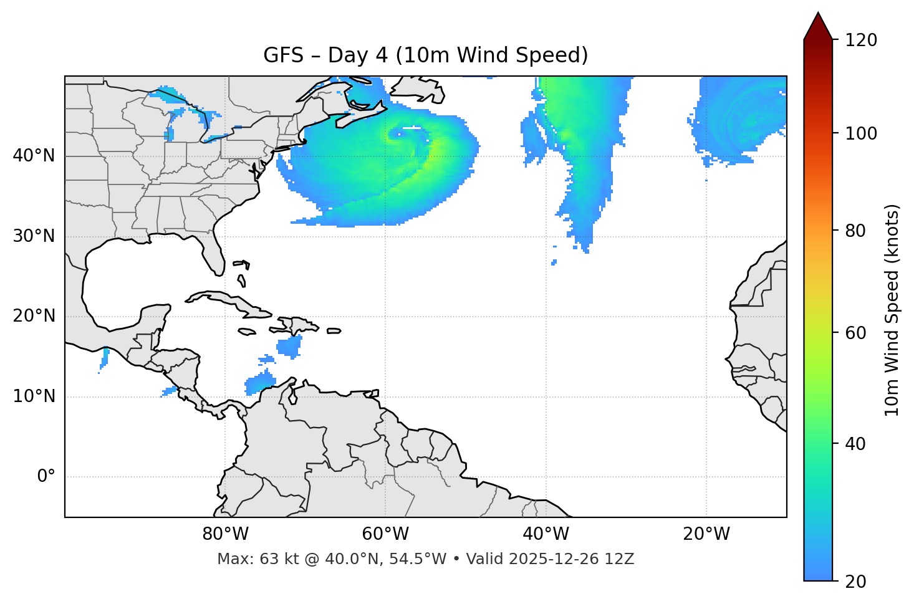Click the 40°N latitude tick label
(34, 156)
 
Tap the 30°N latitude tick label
(34, 236)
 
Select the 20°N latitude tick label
(34, 316)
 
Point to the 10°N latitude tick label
(34, 396)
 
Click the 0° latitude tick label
(46, 477)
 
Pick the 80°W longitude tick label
(225, 534)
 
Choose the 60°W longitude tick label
(385, 534)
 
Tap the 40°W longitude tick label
(546, 534)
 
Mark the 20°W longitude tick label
(706, 534)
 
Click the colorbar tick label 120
(861, 41)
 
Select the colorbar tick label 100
(861, 133)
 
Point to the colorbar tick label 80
(857, 231)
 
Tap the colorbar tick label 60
(857, 333)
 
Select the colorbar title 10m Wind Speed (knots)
(892, 310)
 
